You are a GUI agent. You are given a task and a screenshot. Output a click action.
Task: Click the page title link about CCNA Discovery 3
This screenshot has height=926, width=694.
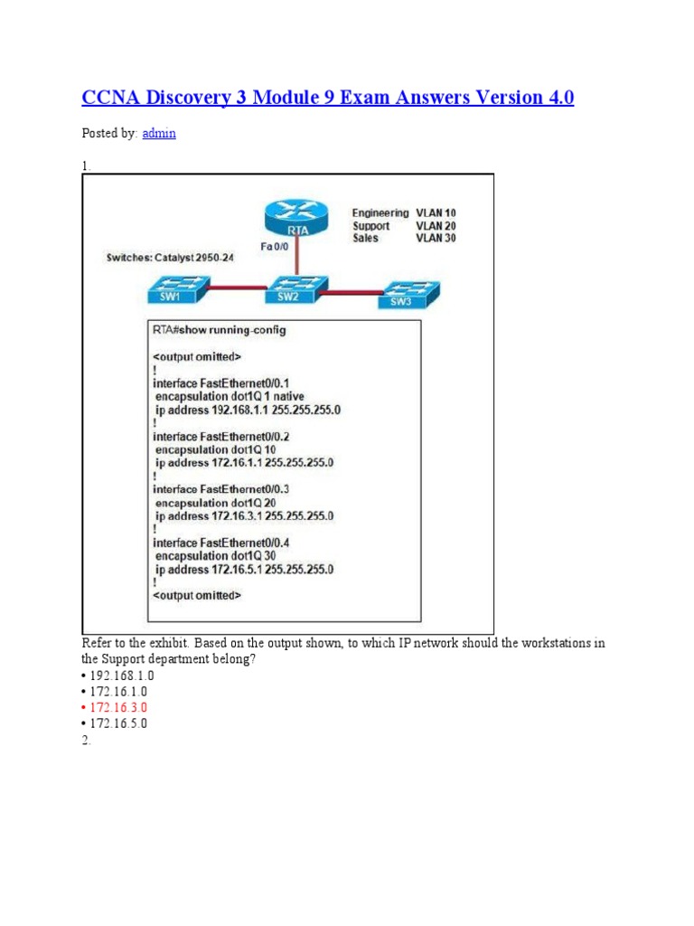[328, 98]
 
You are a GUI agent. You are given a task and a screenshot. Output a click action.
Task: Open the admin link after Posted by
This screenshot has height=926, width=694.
[159, 133]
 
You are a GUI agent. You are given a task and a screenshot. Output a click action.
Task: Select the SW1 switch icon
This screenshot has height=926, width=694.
[180, 291]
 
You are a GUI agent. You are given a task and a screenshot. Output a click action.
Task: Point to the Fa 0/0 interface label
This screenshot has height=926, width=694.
[275, 246]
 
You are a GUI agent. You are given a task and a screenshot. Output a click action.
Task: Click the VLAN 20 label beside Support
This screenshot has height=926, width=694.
[436, 225]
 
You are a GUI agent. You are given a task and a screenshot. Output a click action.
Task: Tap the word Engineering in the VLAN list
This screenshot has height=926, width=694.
[380, 213]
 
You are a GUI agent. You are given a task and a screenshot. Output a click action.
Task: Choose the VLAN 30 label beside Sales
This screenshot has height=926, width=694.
[436, 238]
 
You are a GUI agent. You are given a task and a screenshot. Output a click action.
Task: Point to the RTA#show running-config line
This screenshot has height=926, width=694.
[220, 330]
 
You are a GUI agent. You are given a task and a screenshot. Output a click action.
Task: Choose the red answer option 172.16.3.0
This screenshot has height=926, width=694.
[118, 706]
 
